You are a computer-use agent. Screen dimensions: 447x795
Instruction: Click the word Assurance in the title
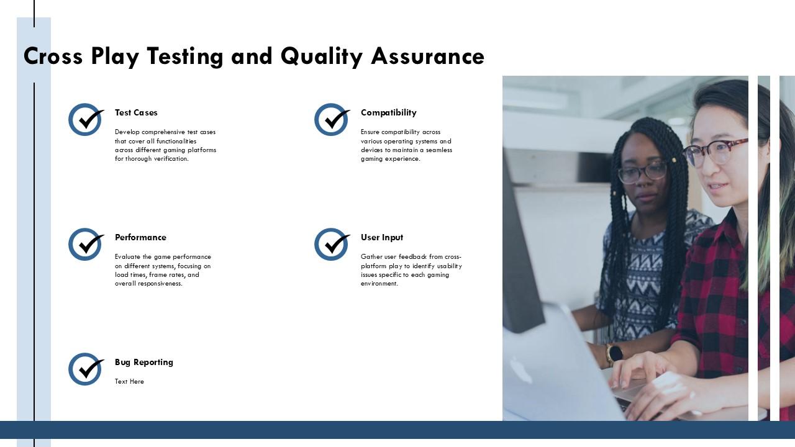[427, 56]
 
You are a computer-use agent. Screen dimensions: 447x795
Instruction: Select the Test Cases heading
[136, 112]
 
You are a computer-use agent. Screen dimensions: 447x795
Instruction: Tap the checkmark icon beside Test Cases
[85, 119]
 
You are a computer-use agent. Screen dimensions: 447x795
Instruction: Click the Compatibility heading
[388, 112]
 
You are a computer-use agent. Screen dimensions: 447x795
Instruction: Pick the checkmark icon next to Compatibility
[331, 119]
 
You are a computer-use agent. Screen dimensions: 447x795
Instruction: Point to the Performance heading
[140, 237]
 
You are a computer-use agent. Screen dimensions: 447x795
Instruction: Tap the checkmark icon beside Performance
[85, 244]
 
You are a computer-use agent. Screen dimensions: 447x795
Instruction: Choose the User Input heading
[381, 237]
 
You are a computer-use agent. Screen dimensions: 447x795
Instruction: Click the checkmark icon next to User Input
[331, 244]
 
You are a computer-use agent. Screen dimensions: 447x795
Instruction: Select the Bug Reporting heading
[143, 362]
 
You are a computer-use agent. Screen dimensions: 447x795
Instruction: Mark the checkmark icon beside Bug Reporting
[85, 369]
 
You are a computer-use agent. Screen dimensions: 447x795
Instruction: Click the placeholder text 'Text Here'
[129, 381]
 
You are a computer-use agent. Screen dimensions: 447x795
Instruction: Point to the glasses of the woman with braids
[642, 172]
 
